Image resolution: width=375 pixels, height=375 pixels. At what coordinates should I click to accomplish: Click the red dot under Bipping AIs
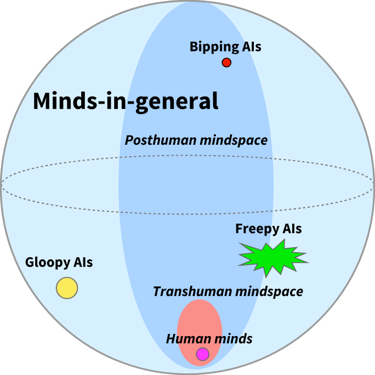(x=226, y=63)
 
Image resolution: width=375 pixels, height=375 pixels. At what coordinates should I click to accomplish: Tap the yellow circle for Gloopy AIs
(x=67, y=288)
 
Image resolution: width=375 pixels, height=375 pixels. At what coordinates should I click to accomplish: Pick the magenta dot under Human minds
(x=203, y=354)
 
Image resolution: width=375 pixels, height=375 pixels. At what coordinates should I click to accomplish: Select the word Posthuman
(x=153, y=140)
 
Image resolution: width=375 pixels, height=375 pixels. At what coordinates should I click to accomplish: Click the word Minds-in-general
(x=126, y=101)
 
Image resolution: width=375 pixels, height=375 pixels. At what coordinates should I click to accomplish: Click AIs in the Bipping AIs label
(x=252, y=47)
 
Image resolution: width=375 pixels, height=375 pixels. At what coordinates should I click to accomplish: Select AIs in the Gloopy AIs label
(x=83, y=263)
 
